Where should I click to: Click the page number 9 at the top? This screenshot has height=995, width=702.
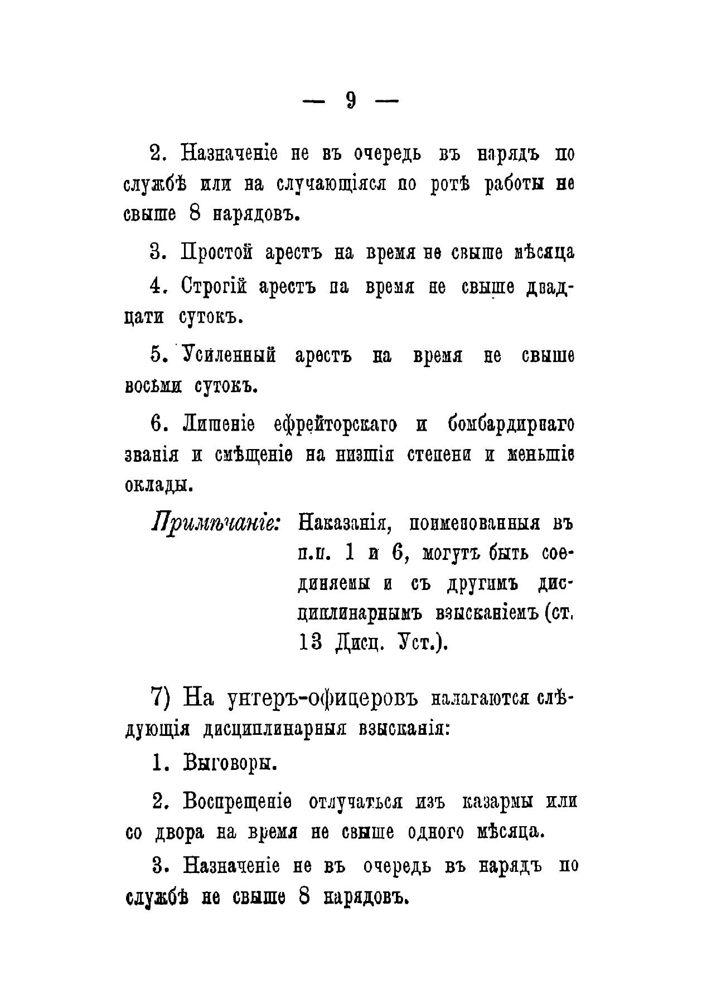coord(351,100)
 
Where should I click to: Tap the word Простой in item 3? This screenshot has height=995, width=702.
coord(217,253)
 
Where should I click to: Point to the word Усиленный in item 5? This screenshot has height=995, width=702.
coord(229,355)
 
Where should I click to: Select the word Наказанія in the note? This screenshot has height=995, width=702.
coord(343,524)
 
